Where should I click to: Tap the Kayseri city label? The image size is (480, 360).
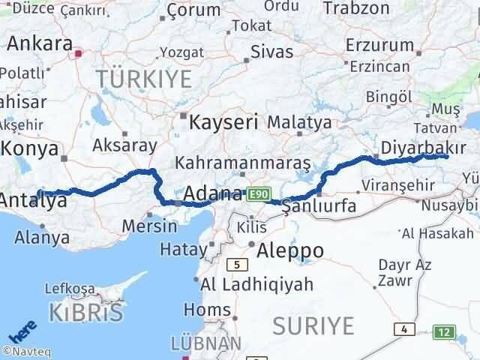pyautogui.click(x=223, y=121)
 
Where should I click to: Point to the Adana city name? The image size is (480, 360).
pyautogui.click(x=213, y=193)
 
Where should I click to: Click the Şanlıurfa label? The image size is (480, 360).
pyautogui.click(x=319, y=207)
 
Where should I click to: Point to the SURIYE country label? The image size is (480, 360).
pyautogui.click(x=313, y=325)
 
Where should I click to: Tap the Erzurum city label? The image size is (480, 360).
pyautogui.click(x=379, y=45)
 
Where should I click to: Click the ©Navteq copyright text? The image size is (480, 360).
pyautogui.click(x=26, y=350)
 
